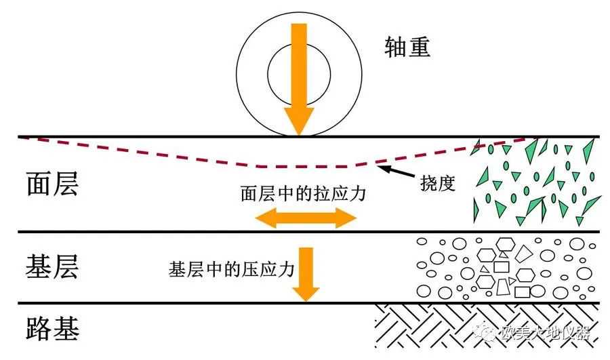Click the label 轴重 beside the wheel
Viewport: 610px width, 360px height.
(x=406, y=47)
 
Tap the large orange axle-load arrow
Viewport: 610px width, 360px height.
(x=299, y=75)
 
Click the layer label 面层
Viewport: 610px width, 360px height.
(x=52, y=183)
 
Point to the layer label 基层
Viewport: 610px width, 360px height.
(x=52, y=266)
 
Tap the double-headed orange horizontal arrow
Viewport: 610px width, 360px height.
(x=305, y=218)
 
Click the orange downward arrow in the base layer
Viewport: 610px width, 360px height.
(x=306, y=273)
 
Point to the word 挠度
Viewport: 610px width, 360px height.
(x=436, y=184)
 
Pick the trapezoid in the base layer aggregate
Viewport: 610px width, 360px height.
(x=503, y=288)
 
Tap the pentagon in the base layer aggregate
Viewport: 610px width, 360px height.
(x=525, y=254)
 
